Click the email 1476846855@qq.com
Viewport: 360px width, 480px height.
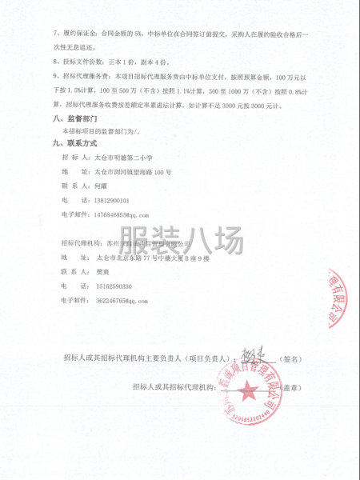point(121,215)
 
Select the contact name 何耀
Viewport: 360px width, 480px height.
point(99,186)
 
